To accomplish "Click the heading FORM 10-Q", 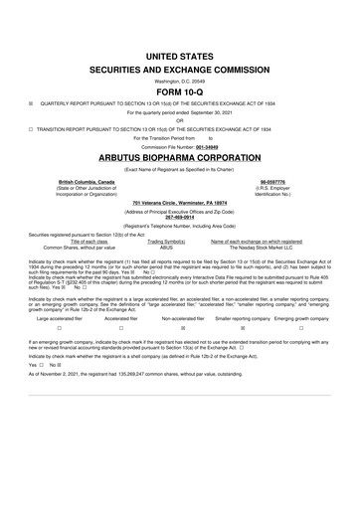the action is tap(180, 90).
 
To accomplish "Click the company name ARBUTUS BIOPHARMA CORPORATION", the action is tap(180, 157).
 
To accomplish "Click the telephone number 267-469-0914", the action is tap(180, 216).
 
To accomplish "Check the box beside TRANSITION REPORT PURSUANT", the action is tap(32, 128).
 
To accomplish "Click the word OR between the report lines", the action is tap(180, 120).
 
